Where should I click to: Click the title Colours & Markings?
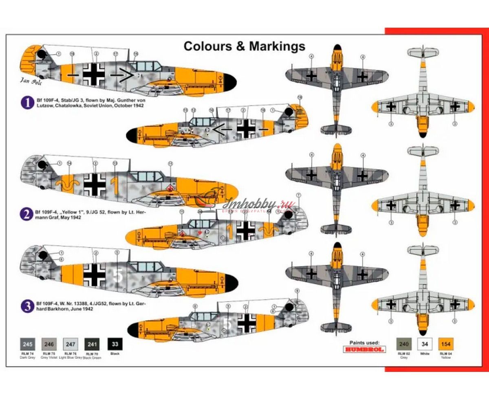(x=244, y=46)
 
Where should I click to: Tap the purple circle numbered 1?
(x=27, y=102)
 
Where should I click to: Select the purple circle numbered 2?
(x=27, y=214)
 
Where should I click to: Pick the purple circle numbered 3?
(x=27, y=305)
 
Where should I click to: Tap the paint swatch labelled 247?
(x=70, y=344)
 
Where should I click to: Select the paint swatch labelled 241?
(x=93, y=344)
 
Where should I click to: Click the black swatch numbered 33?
(x=115, y=344)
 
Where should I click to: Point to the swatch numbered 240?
(x=405, y=343)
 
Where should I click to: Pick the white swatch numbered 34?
(x=425, y=343)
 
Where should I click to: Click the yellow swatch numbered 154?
(x=446, y=343)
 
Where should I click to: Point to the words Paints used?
(x=364, y=343)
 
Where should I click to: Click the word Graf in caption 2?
(x=41, y=218)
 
